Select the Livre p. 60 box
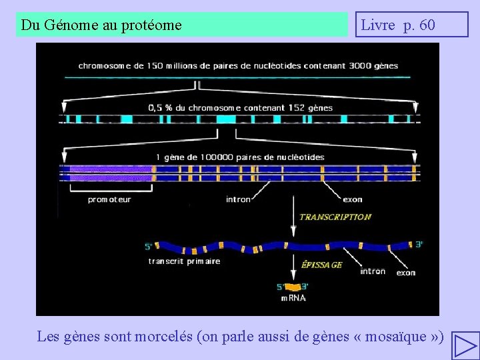tap(411, 25)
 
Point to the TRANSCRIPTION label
tap(335, 217)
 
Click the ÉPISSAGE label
tap(322, 265)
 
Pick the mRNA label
tap(293, 298)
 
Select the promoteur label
tap(109, 199)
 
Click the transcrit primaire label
tap(184, 261)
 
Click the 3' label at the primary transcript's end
tap(419, 244)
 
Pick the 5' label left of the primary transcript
tap(148, 247)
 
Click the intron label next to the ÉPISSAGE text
tap(372, 271)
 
